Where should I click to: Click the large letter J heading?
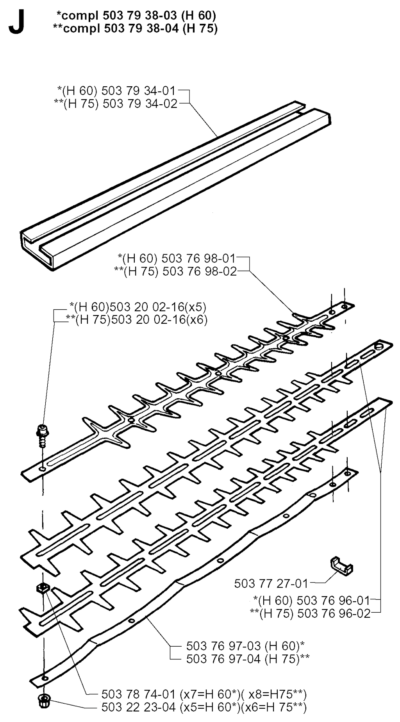point(17,24)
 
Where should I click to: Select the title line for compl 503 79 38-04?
point(135,28)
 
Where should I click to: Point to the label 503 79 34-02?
point(115,103)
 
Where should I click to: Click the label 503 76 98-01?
point(177,258)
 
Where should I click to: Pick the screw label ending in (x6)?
point(136,319)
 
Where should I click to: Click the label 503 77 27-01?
point(271,584)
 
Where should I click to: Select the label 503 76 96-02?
point(310,613)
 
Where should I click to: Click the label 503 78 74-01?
point(204,694)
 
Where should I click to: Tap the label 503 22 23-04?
point(204,707)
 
